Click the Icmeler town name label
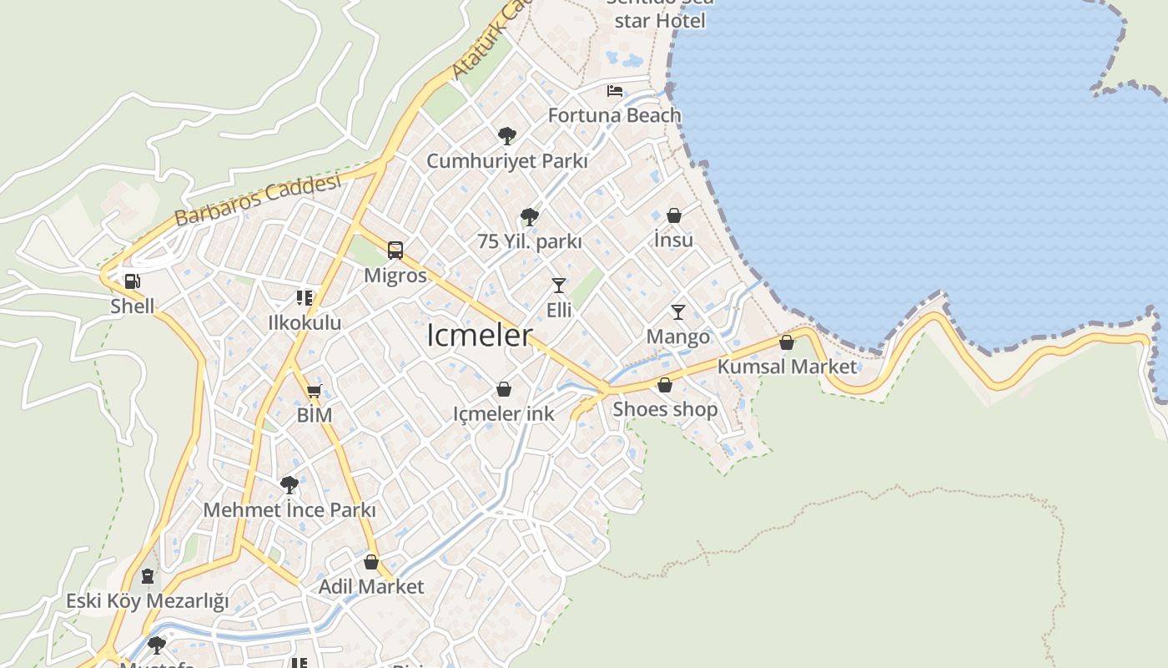(479, 336)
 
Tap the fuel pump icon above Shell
(132, 282)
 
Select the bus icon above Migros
(395, 250)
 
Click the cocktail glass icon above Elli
(559, 286)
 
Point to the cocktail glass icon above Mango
(678, 312)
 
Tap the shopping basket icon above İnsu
(674, 215)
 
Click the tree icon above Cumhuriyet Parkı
(506, 135)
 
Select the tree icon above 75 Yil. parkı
(529, 217)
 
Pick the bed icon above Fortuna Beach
(615, 91)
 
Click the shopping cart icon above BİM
(315, 391)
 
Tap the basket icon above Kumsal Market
(786, 342)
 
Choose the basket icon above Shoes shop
(665, 385)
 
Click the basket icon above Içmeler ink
(504, 389)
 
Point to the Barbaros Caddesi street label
(258, 201)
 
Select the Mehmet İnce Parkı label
(289, 510)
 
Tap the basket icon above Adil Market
(371, 562)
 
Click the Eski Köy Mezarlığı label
(147, 601)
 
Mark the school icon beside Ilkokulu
(305, 298)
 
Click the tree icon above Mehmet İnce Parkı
(289, 484)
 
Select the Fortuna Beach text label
(614, 115)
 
